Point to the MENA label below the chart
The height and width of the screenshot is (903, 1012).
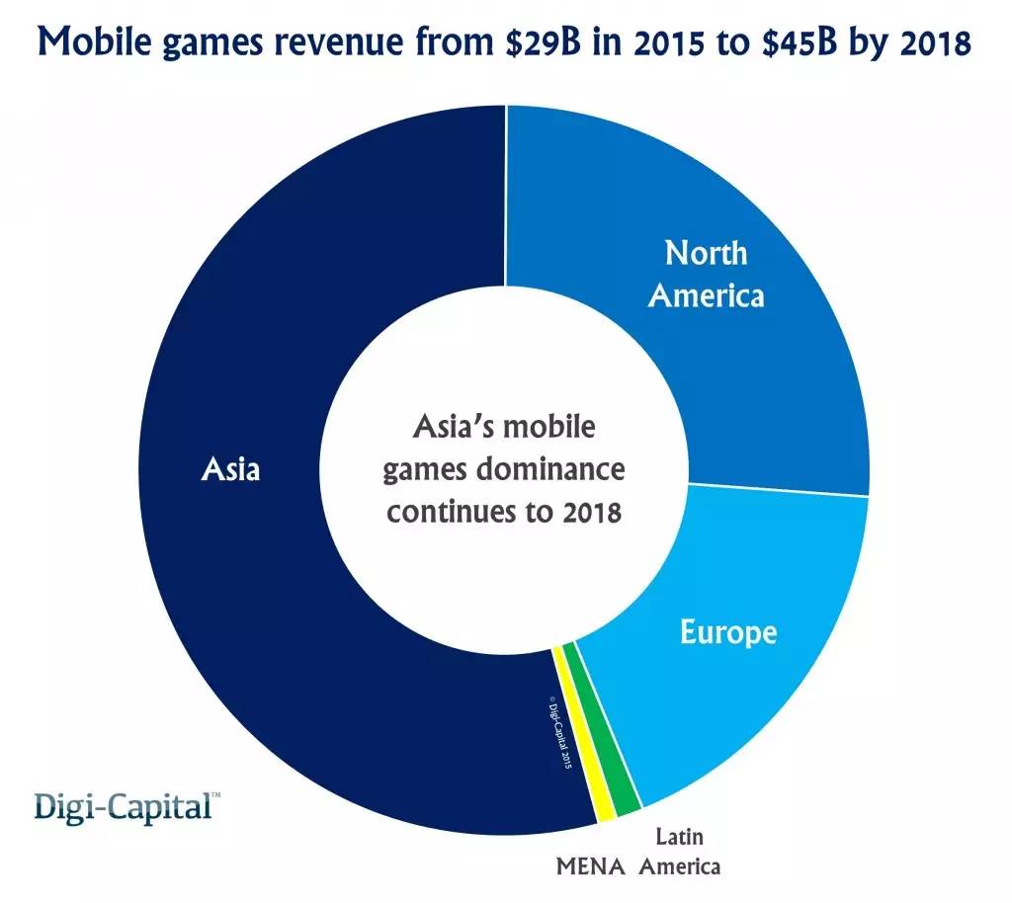pyautogui.click(x=591, y=868)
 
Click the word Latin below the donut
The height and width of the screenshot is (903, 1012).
pyautogui.click(x=680, y=836)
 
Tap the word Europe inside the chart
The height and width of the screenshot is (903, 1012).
pyautogui.click(x=728, y=631)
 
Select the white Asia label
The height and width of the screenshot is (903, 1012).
pyautogui.click(x=230, y=468)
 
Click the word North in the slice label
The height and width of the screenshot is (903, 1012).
pyautogui.click(x=706, y=253)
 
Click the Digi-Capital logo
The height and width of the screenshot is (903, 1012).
pyautogui.click(x=125, y=805)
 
